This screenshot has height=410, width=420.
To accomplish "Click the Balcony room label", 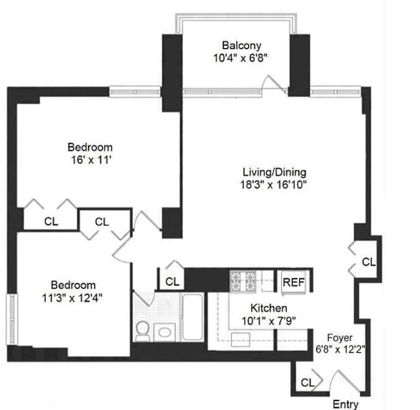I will [x=236, y=44].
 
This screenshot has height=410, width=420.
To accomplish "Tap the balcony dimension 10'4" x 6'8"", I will [x=235, y=57].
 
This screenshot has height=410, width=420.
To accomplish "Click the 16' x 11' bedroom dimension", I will [x=91, y=159].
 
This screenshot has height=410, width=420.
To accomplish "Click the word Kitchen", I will [x=268, y=309].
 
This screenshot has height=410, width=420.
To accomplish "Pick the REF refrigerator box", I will [x=294, y=282].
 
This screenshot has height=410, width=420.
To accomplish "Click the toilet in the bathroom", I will [x=142, y=330].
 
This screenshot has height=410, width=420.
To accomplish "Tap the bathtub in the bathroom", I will [x=193, y=317].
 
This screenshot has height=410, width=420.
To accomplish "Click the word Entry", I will [x=346, y=404].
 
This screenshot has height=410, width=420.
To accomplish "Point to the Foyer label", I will [x=340, y=338].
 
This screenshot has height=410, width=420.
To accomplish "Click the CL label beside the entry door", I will [x=307, y=382].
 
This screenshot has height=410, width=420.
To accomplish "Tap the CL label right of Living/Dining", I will [x=368, y=262].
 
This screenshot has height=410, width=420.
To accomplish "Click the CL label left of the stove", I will [x=172, y=281].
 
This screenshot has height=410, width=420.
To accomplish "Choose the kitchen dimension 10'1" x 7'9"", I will [x=268, y=322].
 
